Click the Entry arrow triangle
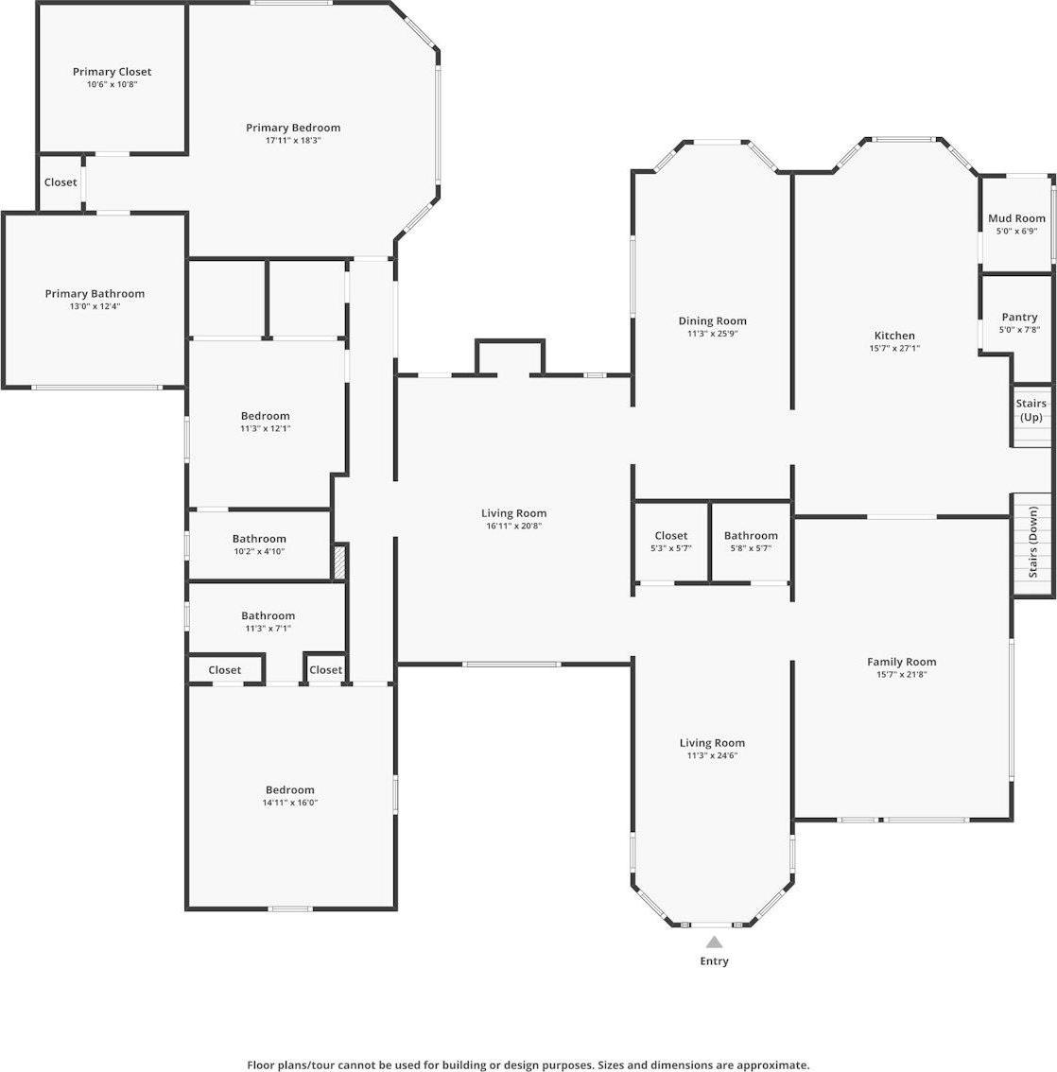click(x=714, y=942)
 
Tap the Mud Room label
click(x=1016, y=218)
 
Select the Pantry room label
click(x=1018, y=317)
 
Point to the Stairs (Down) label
click(x=1033, y=543)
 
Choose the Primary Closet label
click(x=112, y=72)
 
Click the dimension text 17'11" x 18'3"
click(x=293, y=140)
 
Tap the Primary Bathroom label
click(x=95, y=294)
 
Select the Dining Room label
click(x=712, y=321)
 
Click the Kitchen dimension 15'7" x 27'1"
click(x=893, y=348)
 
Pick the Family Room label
click(x=901, y=662)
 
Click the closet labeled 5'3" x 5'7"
click(x=670, y=542)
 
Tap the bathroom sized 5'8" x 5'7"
click(x=751, y=542)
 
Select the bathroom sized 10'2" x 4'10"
click(x=259, y=545)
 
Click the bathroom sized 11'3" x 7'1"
click(x=268, y=622)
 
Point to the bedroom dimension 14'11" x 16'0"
click(x=289, y=803)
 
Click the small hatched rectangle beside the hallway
click(x=340, y=561)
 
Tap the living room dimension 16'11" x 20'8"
click(x=513, y=526)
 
